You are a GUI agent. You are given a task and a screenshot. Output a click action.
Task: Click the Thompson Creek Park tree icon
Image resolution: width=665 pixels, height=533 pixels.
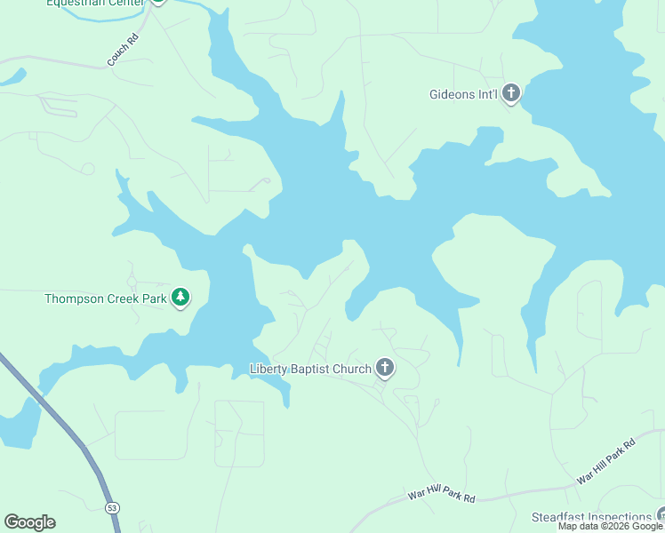pyautogui.click(x=181, y=297)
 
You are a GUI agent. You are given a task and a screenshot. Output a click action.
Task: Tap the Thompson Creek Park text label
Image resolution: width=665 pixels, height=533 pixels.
pyautogui.click(x=106, y=298)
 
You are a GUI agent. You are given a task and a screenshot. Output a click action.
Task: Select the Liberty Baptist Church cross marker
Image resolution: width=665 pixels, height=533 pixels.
pyautogui.click(x=385, y=367)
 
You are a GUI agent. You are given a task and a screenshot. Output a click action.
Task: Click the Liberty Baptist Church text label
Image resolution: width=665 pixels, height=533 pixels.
pyautogui.click(x=310, y=369)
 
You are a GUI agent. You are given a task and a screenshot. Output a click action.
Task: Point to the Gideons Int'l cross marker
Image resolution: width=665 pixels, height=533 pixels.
pyautogui.click(x=511, y=92)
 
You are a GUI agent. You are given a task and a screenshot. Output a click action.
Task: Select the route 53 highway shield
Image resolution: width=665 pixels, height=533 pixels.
pyautogui.click(x=111, y=507)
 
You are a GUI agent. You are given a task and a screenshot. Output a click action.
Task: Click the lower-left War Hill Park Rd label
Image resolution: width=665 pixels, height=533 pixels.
pyautogui.click(x=441, y=495)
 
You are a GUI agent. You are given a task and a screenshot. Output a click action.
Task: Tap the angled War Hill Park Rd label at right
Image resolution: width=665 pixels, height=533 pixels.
pyautogui.click(x=606, y=461)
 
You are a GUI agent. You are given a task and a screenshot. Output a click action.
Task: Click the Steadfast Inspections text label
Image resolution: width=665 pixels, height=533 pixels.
pyautogui.click(x=591, y=517)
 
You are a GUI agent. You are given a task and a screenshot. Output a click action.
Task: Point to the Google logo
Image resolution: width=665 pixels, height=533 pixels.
pyautogui.click(x=29, y=522)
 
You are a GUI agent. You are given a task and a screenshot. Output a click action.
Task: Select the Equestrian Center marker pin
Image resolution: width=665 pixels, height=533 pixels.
pyautogui.click(x=158, y=2)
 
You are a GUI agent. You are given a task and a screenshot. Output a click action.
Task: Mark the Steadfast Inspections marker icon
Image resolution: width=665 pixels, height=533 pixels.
pyautogui.click(x=661, y=514)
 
